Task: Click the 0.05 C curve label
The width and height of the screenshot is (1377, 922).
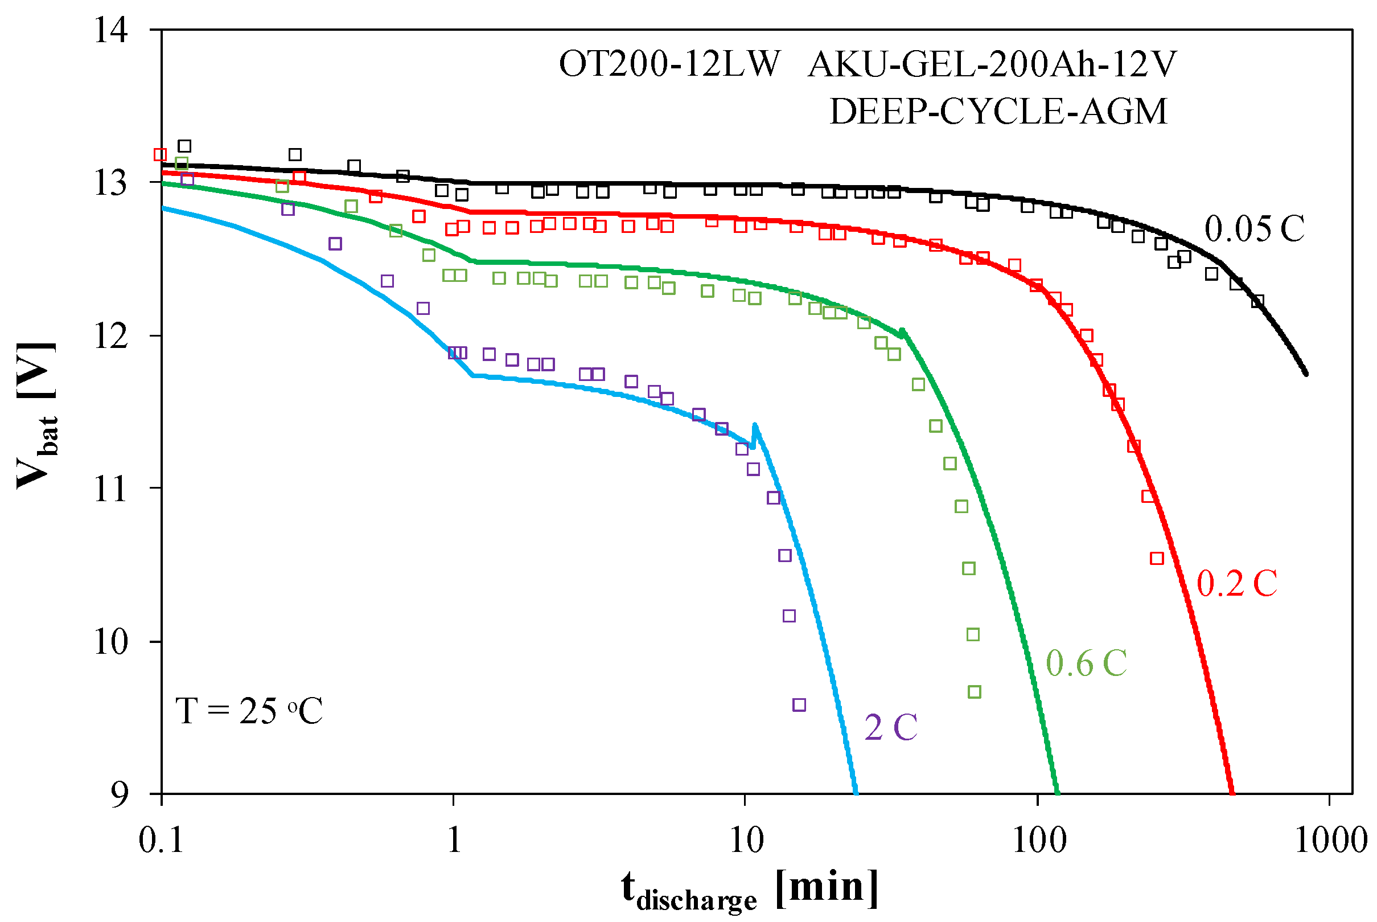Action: pos(1254,229)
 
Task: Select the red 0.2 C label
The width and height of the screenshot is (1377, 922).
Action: pos(1237,584)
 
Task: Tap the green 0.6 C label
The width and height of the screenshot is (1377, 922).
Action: pos(1086,664)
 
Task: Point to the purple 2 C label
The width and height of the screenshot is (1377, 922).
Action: pos(890,727)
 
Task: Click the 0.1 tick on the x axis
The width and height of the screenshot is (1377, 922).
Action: pos(161,839)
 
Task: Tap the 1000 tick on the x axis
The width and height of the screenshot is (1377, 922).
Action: pos(1330,839)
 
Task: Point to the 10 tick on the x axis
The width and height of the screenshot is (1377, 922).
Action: pos(746,839)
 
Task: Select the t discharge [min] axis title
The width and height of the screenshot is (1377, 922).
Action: pos(749,890)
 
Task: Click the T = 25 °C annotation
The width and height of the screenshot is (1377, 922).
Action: pos(249,711)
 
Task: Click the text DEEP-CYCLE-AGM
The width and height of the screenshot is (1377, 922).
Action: pos(998,112)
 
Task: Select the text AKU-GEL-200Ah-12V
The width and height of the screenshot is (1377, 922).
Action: pos(992,64)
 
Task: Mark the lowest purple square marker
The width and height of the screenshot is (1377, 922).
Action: pos(799,705)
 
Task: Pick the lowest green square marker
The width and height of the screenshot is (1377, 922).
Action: pos(975,692)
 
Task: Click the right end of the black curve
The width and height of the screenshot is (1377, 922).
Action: pos(1306,374)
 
